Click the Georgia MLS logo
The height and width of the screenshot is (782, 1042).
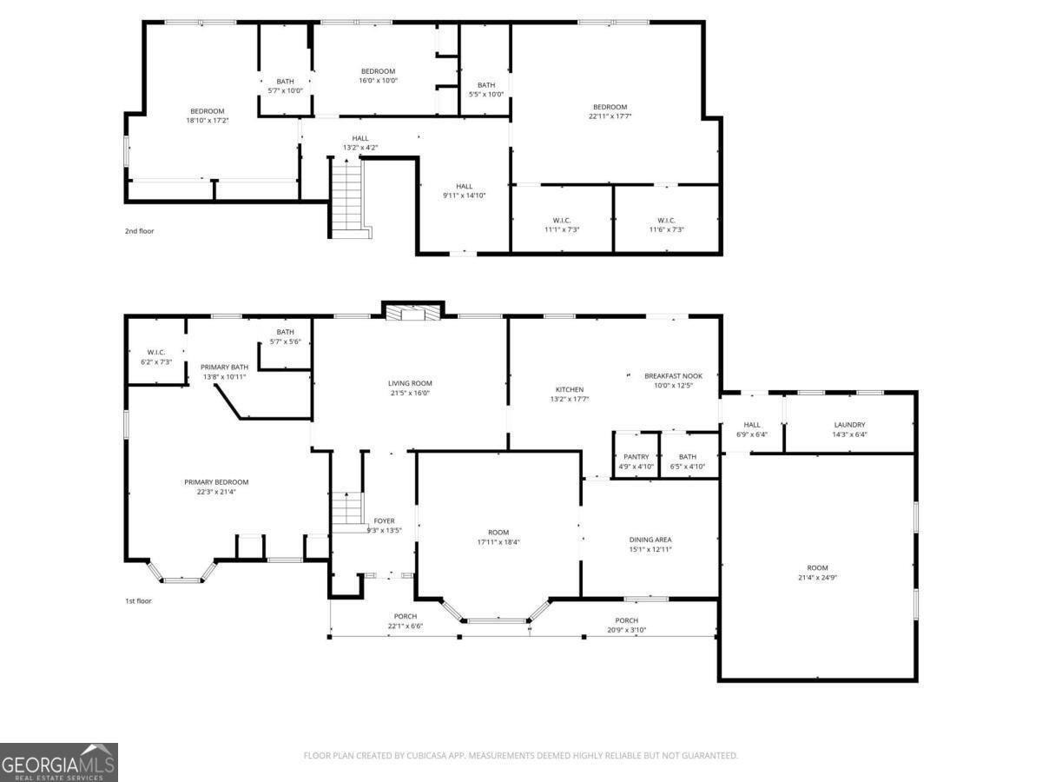click(59, 762)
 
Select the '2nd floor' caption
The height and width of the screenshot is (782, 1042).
click(139, 231)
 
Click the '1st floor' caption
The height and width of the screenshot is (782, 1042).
click(138, 600)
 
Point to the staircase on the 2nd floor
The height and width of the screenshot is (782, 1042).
click(347, 195)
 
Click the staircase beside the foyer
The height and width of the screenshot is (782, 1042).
click(347, 507)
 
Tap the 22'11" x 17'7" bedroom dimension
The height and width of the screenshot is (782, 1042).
click(609, 116)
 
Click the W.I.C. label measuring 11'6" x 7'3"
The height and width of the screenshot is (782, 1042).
click(666, 224)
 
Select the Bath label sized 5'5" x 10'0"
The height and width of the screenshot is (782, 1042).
click(486, 89)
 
